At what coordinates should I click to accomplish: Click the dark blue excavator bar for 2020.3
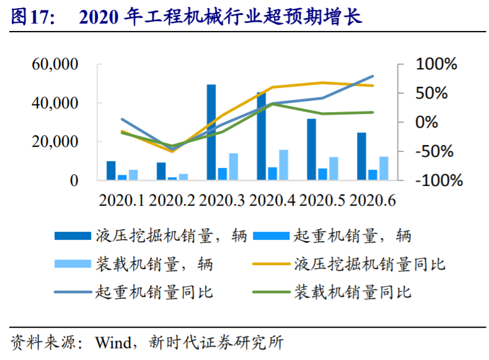click(211, 133)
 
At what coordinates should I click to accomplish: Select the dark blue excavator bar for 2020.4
click(261, 136)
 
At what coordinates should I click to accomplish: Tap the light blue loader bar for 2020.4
click(283, 165)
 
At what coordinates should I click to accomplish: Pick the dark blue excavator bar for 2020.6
click(361, 156)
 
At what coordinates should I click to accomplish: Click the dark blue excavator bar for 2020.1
click(111, 171)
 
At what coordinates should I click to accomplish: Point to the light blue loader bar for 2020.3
click(233, 167)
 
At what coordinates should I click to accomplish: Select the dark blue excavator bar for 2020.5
click(311, 149)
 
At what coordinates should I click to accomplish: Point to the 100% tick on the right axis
click(436, 64)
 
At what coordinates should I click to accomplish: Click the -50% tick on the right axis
click(436, 152)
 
